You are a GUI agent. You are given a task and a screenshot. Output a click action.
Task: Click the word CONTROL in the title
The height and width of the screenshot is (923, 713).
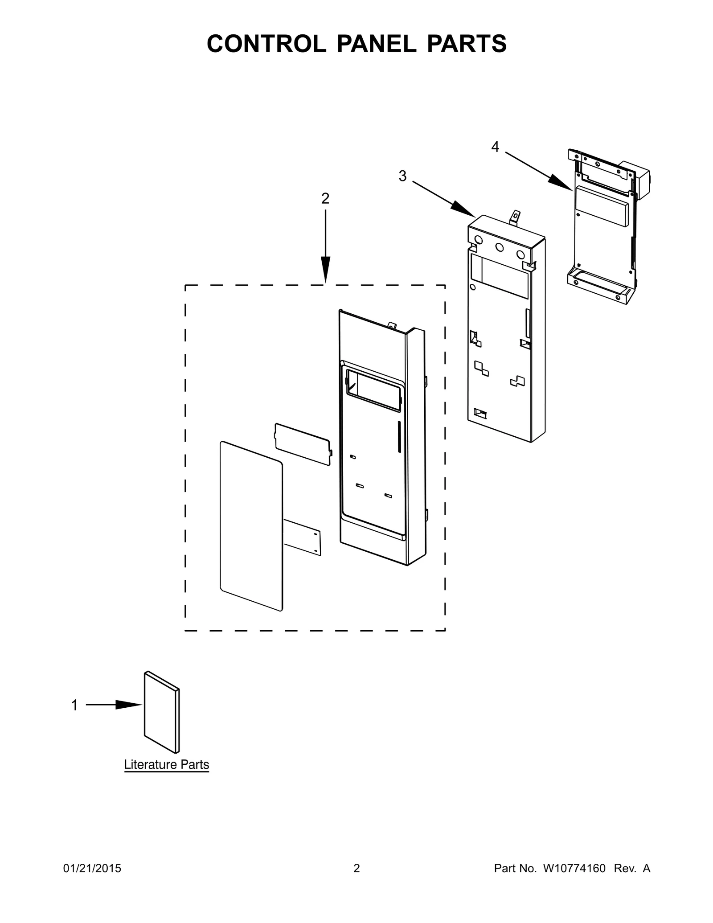tap(266, 44)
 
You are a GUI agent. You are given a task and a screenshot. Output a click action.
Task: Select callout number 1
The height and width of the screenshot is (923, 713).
tap(74, 705)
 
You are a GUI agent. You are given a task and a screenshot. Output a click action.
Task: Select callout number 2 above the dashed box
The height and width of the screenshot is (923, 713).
tap(325, 199)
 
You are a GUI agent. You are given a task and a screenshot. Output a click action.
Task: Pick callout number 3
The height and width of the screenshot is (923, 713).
tap(402, 176)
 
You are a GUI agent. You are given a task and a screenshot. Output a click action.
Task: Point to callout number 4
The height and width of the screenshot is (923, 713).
tap(495, 147)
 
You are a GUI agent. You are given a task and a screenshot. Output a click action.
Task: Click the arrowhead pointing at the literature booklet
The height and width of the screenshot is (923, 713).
tap(129, 705)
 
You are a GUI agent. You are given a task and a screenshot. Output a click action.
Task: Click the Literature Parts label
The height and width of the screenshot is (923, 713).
tap(166, 765)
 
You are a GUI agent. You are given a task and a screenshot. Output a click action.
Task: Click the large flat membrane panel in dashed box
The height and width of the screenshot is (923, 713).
tap(251, 526)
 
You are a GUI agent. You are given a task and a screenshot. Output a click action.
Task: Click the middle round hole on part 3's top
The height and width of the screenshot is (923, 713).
tap(500, 247)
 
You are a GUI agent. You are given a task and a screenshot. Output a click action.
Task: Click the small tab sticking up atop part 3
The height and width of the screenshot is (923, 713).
tap(516, 218)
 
